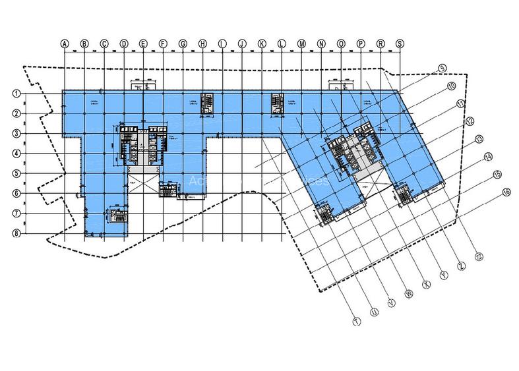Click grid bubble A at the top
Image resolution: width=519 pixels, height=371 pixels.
(65, 43)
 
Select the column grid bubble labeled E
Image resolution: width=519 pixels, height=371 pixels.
(142, 43)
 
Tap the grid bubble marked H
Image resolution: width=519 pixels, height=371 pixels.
(202, 43)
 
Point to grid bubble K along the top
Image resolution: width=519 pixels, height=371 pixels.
(262, 43)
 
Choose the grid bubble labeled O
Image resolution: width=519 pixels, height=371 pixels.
(341, 43)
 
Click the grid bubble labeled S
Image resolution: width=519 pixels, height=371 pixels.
(400, 43)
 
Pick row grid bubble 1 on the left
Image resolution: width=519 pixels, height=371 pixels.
(15, 94)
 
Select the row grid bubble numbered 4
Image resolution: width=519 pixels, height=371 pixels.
(15, 154)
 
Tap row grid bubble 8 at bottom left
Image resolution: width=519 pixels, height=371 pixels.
(15, 233)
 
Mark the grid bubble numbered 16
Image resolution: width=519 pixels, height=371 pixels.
(506, 193)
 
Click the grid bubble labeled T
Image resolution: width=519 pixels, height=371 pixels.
(356, 322)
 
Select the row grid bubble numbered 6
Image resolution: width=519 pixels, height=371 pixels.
(15, 193)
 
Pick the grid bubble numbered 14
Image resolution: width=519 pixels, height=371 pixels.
(489, 157)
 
